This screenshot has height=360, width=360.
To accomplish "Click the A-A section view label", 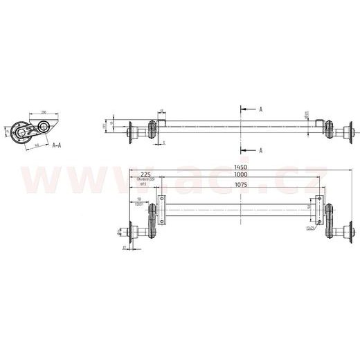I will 59,146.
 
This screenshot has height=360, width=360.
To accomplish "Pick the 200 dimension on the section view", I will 43,111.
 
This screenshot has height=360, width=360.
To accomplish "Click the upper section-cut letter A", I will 260,109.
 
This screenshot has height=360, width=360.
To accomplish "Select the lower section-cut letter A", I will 260,150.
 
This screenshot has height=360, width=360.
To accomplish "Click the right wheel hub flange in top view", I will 351,130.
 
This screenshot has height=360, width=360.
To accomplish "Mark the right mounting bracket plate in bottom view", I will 318,210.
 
